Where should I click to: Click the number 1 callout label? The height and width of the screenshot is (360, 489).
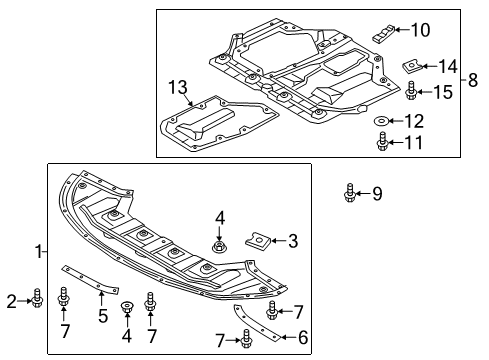coord(36,252)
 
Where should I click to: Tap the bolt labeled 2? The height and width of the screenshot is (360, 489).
coord(37,297)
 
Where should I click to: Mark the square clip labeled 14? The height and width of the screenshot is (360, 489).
coord(410,68)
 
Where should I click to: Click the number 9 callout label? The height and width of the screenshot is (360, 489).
coord(378,191)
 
